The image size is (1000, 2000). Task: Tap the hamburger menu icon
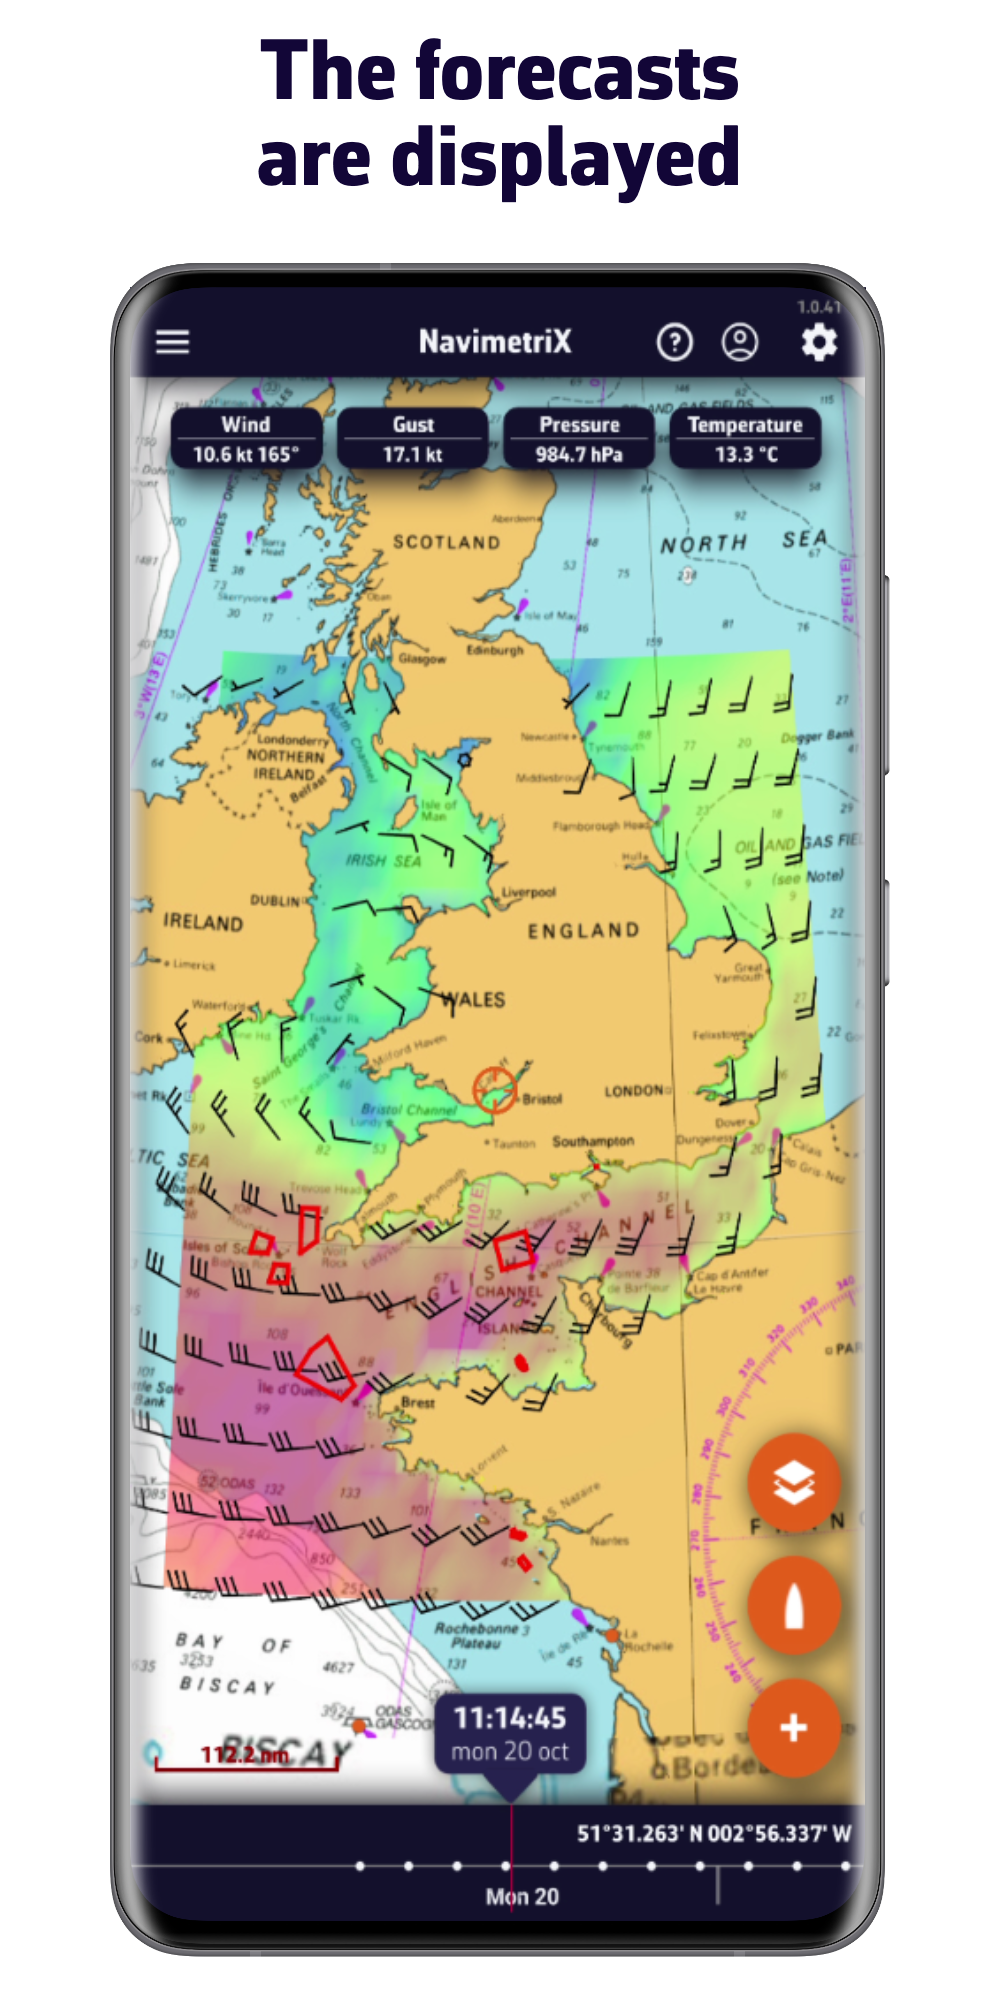pos(172,342)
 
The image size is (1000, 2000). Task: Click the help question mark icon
pos(675,343)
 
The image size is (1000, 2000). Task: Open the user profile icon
pos(740,343)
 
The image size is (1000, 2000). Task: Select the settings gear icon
pos(819,343)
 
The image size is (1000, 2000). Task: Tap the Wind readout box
pos(246,439)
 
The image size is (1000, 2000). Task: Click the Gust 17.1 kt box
pos(413,439)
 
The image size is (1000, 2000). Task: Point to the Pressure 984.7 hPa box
pos(579,439)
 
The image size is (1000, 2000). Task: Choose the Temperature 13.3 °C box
pos(745,439)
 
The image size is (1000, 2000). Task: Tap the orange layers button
pos(794,1483)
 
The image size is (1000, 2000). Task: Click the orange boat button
pos(794,1606)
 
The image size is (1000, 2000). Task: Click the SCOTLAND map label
pos(446,542)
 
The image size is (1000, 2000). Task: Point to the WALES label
pos(473,999)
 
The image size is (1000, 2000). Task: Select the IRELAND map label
pos(203,922)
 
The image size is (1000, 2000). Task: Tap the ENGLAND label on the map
pos(584,931)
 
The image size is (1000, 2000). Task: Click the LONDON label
pos(634,1090)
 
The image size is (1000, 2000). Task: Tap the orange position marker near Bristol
pos(494,1089)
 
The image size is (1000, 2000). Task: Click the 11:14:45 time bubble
pos(510,1733)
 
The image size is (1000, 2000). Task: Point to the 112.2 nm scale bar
pos(246,1756)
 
